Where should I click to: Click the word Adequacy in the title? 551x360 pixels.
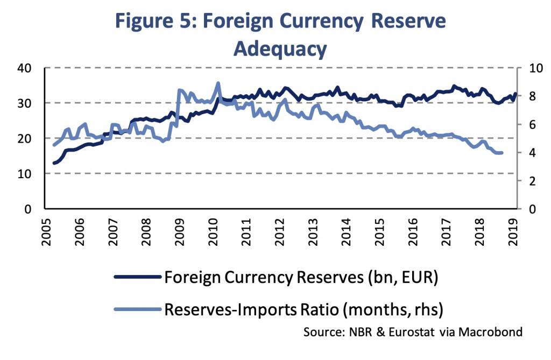[280, 49]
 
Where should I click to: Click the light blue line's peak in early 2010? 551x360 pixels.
[218, 83]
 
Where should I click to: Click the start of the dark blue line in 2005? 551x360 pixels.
[54, 163]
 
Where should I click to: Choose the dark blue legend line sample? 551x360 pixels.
[137, 277]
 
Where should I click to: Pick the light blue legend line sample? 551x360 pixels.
[137, 308]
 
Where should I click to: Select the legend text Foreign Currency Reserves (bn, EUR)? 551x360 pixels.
[301, 277]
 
